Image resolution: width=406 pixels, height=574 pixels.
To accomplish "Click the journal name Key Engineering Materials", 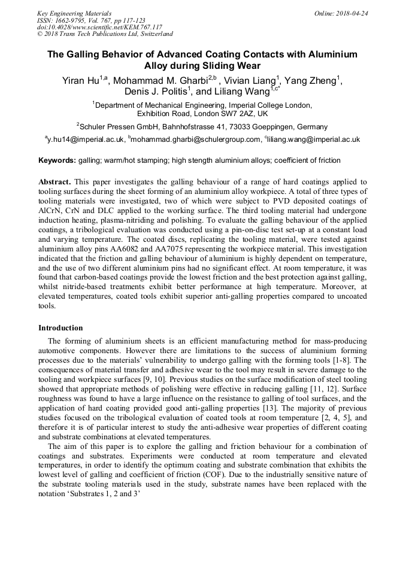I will coord(74,13).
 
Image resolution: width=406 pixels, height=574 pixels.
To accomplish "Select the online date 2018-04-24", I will coord(351,13).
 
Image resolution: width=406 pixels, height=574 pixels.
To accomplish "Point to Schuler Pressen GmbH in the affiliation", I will coord(117,126).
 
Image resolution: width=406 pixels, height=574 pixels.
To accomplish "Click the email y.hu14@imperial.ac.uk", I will coord(85,139).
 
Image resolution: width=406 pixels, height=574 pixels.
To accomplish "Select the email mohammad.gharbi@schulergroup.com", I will coord(196,139).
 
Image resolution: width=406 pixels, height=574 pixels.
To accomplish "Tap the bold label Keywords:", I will coord(57,160).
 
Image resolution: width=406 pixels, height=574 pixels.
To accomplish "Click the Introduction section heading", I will coord(60,328).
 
